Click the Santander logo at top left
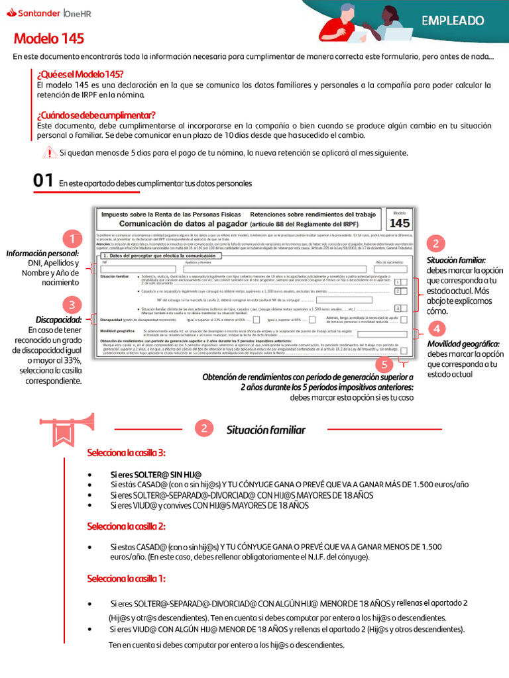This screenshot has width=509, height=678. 36,13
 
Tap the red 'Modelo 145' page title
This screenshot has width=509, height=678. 48,38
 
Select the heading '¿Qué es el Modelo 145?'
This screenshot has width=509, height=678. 80,73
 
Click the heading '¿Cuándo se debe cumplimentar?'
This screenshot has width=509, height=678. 96,115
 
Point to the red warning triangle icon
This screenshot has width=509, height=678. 49,153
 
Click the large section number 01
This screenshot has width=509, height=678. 43,181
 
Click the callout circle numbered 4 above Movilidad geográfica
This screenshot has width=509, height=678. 436,329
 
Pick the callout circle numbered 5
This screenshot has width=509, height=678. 384,364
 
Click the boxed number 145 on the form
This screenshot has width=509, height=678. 399,223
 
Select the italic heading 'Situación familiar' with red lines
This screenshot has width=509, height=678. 266,430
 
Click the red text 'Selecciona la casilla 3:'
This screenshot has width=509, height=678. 126,453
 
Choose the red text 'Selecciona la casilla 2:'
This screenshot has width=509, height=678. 126,526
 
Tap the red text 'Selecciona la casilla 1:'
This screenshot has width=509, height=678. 126,579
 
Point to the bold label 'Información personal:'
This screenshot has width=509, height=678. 43,254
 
